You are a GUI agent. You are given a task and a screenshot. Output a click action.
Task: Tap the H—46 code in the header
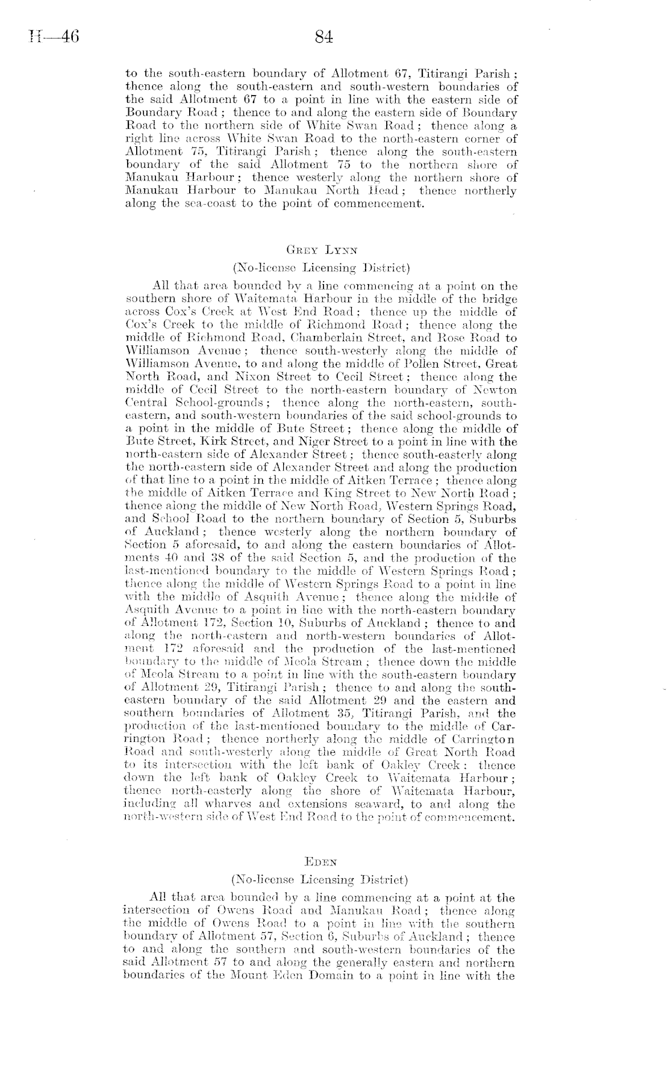pyautogui.click(x=50, y=37)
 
